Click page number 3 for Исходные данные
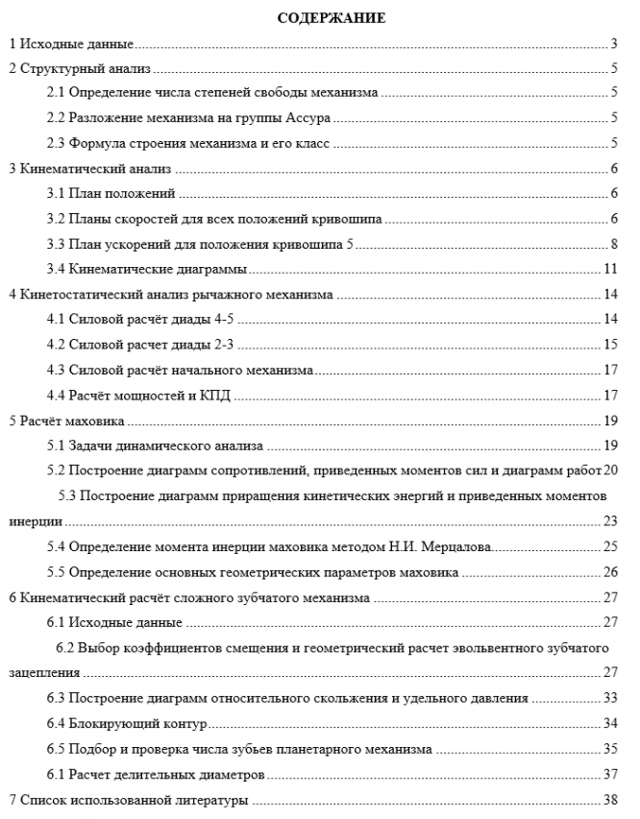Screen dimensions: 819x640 tap(613, 44)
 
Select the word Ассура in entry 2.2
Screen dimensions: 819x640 tap(308, 118)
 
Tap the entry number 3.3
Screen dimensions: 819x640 tap(56, 243)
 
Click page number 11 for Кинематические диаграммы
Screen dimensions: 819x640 tap(609, 268)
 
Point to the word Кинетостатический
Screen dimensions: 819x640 tap(75, 293)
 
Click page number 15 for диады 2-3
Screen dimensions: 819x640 tap(609, 343)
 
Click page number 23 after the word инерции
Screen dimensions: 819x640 tap(609, 521)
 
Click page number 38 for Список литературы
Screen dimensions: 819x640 tap(609, 800)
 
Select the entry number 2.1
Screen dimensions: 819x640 tap(56, 93)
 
